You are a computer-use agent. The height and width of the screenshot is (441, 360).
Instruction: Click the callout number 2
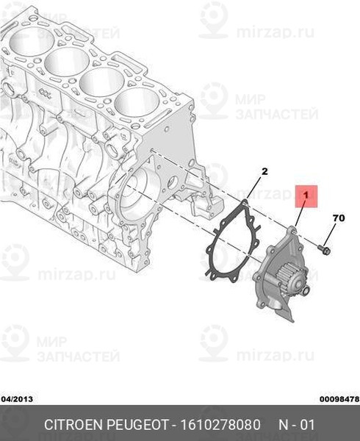click(x=264, y=171)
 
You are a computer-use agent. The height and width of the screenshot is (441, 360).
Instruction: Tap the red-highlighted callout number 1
click(x=306, y=195)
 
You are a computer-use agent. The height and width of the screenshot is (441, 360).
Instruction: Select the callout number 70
click(x=339, y=218)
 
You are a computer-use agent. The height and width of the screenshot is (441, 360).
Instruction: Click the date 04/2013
click(x=18, y=399)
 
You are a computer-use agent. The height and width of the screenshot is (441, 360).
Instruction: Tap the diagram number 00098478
click(x=339, y=399)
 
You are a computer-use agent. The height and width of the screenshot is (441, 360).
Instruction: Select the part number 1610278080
click(x=220, y=425)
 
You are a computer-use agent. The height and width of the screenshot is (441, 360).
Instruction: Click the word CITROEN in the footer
click(x=73, y=425)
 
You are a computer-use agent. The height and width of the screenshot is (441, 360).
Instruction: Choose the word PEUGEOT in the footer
click(x=137, y=425)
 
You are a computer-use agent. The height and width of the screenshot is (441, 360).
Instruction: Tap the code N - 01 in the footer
click(x=297, y=425)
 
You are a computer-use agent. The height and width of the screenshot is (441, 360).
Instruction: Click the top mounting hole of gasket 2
click(x=245, y=202)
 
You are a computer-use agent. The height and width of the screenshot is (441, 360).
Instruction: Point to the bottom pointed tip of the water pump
click(x=293, y=321)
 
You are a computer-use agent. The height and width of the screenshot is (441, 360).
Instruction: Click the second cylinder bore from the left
click(x=67, y=61)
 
